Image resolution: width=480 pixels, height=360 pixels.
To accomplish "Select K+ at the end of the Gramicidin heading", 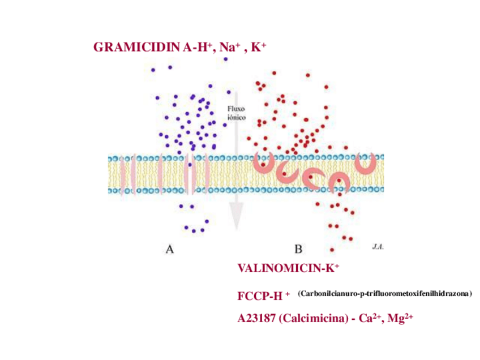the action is (x=258, y=48).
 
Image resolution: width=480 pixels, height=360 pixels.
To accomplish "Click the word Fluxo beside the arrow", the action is (x=237, y=109).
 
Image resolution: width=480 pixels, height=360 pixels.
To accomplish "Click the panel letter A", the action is (x=169, y=248).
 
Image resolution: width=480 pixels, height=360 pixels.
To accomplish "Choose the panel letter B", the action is (x=298, y=248).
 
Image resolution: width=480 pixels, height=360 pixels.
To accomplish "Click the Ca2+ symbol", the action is (x=370, y=319).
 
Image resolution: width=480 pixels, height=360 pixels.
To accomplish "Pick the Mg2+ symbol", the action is (x=401, y=319).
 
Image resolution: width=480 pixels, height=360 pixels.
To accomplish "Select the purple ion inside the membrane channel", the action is (x=190, y=165).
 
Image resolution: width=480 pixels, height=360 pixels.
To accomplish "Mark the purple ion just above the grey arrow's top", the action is (x=225, y=59).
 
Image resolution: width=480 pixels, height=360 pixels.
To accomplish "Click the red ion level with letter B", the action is (x=332, y=249).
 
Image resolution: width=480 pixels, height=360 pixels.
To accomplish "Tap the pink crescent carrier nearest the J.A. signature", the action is (x=365, y=164).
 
